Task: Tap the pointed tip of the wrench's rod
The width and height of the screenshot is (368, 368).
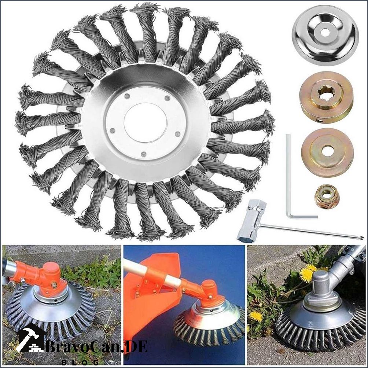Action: (363, 239)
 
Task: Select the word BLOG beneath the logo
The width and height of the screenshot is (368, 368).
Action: (80, 363)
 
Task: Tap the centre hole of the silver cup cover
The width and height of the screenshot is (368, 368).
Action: (325, 33)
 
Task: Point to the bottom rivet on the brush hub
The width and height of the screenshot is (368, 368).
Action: (144, 154)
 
